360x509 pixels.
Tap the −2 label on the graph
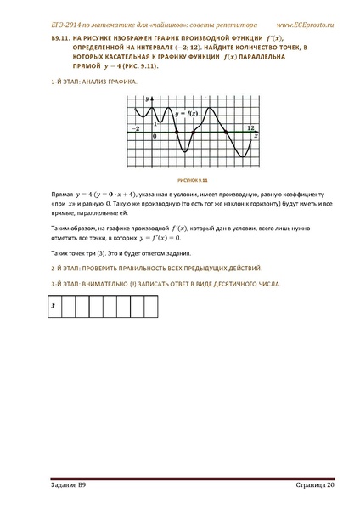pyautogui.click(x=134, y=127)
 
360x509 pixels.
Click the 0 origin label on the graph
pyautogui.click(x=154, y=137)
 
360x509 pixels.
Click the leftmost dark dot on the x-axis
pyautogui.click(x=174, y=133)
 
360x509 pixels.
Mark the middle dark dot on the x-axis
pyautogui.click(x=194, y=133)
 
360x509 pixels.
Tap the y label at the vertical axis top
pyautogui.click(x=147, y=99)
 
